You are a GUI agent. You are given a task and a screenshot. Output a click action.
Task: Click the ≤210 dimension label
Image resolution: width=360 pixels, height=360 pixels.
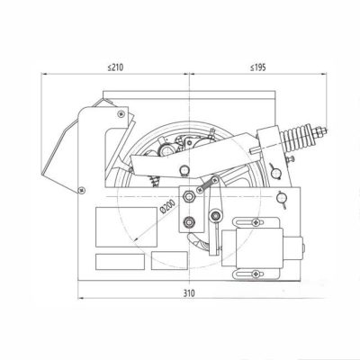point(115,67)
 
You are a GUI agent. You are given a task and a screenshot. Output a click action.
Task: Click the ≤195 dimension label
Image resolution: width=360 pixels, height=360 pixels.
point(257,67)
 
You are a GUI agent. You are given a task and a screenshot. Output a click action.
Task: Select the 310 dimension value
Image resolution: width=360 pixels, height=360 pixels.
point(189,293)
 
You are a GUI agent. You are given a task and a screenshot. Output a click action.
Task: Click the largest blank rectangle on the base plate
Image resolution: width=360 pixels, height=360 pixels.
point(126,227)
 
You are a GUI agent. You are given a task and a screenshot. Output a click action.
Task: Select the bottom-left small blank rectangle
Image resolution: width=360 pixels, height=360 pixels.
point(120,262)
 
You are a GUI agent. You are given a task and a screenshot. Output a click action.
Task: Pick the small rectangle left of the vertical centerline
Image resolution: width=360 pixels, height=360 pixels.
point(169,260)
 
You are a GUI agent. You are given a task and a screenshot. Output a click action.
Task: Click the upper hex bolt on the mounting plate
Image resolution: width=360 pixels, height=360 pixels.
point(189,197)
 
